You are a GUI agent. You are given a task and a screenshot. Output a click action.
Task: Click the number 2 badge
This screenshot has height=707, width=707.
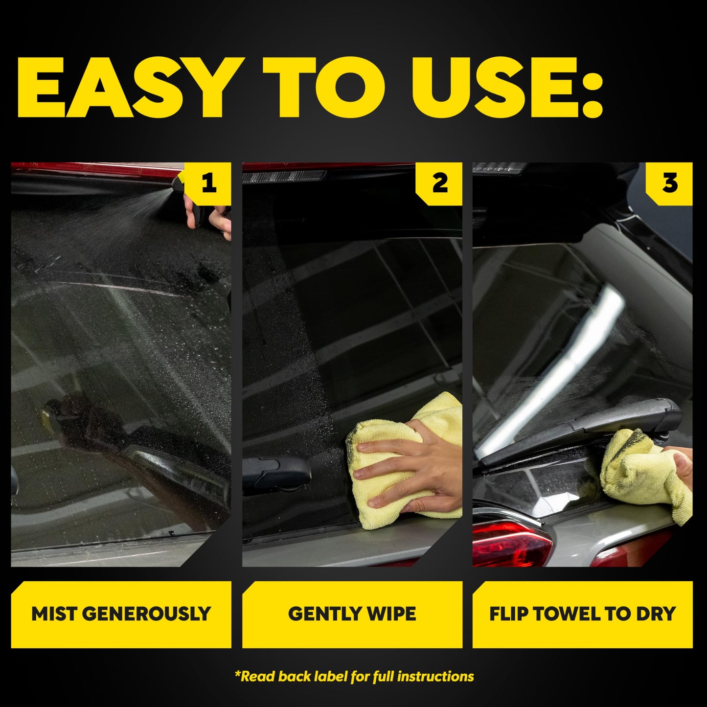[x=439, y=183]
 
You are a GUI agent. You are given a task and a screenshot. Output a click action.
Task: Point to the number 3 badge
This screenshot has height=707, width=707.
[x=670, y=183]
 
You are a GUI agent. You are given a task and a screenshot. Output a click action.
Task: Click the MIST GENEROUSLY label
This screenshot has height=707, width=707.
[x=121, y=614]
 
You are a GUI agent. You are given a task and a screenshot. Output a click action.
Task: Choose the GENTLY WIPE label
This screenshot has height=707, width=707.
[x=352, y=614]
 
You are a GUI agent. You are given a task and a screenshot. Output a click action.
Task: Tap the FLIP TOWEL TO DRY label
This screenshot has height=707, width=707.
[x=582, y=614]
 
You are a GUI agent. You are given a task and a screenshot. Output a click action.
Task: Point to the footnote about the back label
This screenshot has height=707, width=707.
[x=354, y=677]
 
